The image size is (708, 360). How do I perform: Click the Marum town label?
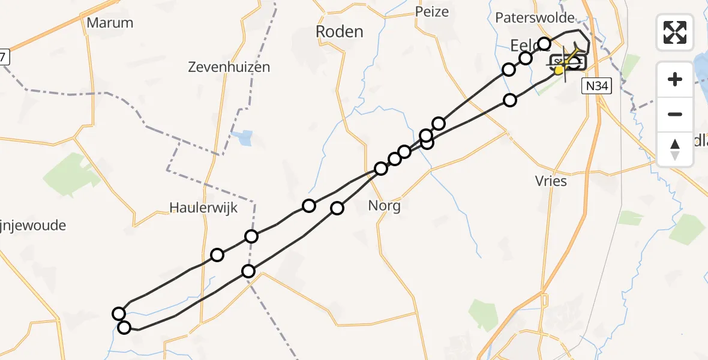point(110,23)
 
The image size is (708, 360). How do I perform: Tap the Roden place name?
point(340,32)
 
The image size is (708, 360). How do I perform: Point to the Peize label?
point(431,11)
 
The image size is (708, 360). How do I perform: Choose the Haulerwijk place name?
point(203,208)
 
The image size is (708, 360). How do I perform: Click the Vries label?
point(550,181)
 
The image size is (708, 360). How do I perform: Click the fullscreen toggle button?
point(675,32)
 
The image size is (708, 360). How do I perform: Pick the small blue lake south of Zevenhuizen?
point(245,138)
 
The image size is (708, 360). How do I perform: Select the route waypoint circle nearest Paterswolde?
point(544,43)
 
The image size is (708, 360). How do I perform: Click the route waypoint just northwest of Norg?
point(381,169)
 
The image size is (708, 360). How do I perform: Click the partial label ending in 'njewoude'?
point(33,226)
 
